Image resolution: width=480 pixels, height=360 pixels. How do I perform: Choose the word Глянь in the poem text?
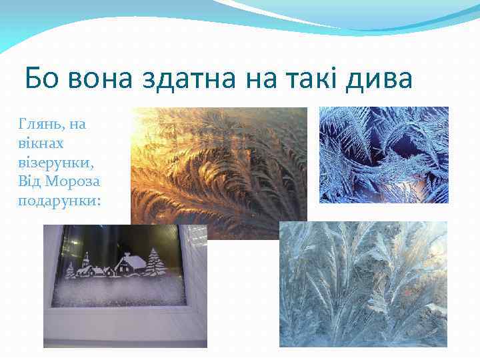pos(37,124)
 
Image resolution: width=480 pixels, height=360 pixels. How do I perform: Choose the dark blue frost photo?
pos(383,155)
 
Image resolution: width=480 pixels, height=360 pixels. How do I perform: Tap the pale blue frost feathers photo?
pos(363,283)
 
